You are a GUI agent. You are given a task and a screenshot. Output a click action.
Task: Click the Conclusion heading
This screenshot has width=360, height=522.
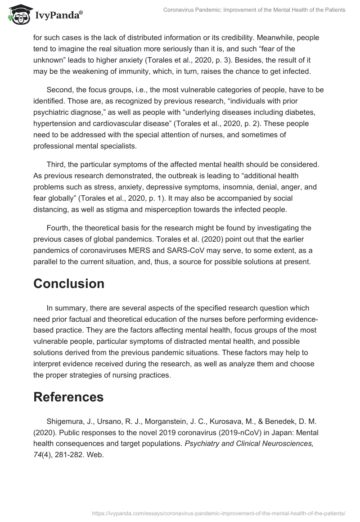(69, 283)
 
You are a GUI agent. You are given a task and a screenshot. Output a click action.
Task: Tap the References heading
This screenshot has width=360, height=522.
(68, 397)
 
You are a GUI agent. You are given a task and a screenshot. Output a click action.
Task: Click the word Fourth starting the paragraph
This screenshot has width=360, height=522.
(58, 228)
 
